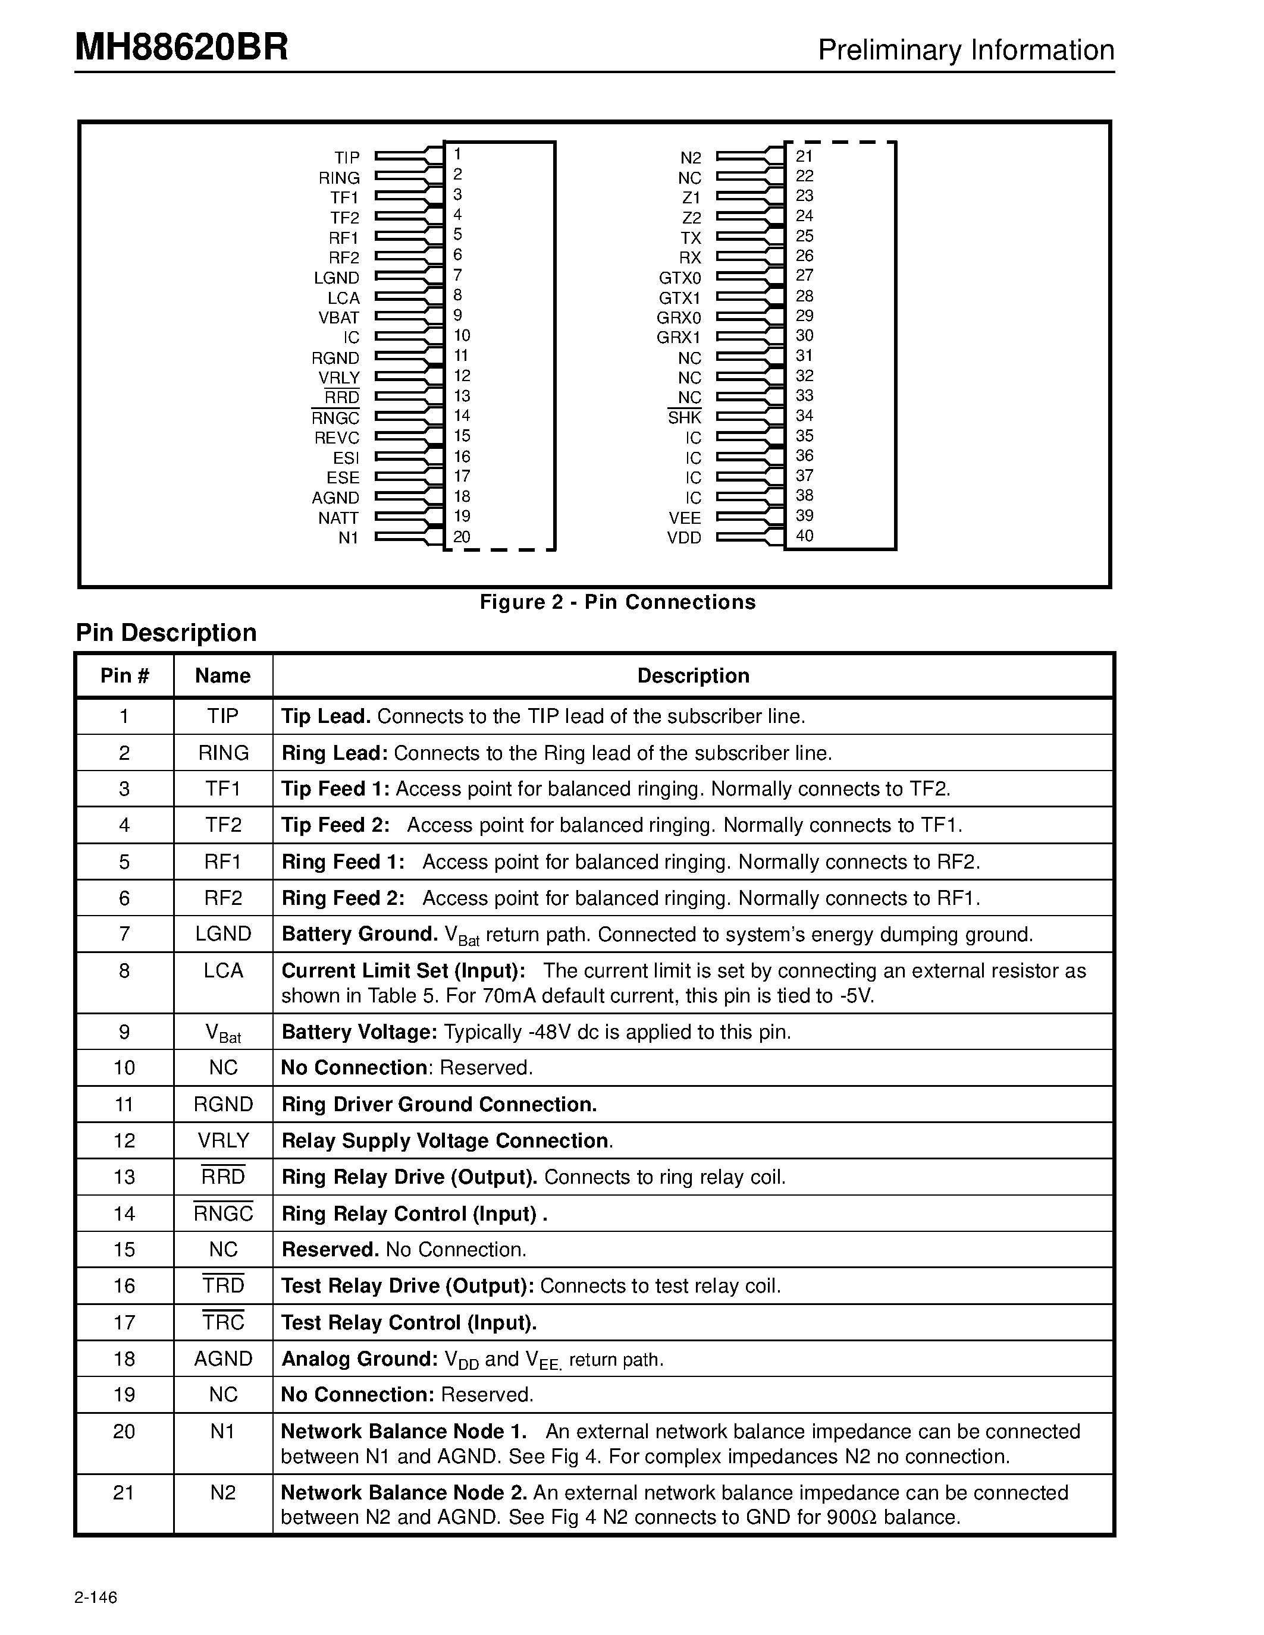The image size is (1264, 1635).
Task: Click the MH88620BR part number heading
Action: [181, 48]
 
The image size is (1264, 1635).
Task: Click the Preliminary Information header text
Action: [965, 50]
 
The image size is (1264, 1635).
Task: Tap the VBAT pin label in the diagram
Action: [338, 317]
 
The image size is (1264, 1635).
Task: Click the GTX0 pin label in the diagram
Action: [679, 278]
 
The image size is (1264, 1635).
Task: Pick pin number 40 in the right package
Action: [804, 535]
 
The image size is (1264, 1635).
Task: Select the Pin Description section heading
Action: [166, 633]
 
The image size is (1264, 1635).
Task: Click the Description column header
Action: [692, 675]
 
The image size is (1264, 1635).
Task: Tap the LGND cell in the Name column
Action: [223, 933]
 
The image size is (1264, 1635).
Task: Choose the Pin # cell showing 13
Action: [124, 1177]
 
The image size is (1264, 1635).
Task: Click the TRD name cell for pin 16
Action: [223, 1285]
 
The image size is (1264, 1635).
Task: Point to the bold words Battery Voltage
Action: [359, 1032]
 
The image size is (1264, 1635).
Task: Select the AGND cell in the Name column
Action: [223, 1358]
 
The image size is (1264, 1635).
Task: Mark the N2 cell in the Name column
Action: [223, 1492]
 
